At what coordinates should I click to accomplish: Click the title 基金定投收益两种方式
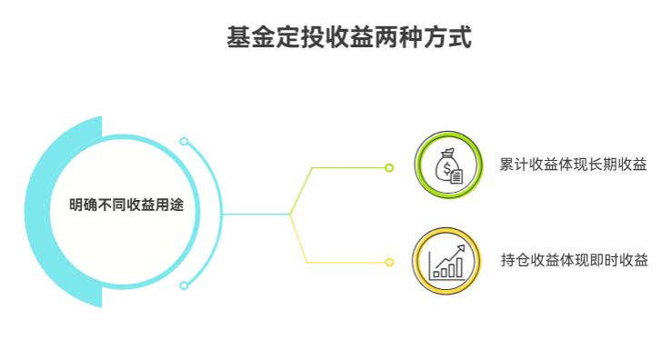(x=348, y=38)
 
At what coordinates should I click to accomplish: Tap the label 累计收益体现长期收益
(x=572, y=165)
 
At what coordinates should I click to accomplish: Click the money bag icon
(x=448, y=166)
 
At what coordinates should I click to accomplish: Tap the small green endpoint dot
(x=389, y=167)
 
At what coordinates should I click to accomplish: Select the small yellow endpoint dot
(x=389, y=262)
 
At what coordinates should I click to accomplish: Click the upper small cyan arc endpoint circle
(x=184, y=142)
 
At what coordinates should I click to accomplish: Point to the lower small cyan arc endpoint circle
(x=184, y=285)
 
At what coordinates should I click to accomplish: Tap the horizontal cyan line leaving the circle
(x=255, y=215)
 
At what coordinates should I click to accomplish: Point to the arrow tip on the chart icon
(x=462, y=247)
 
